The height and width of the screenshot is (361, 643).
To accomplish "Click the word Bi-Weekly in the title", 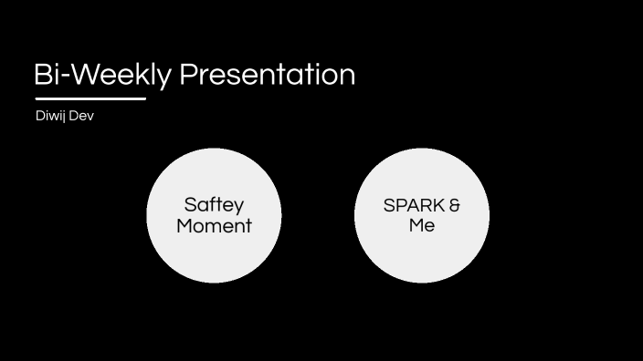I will tap(101, 75).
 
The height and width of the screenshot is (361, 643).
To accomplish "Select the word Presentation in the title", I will tap(267, 75).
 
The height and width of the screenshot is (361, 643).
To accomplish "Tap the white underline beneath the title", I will tap(90, 98).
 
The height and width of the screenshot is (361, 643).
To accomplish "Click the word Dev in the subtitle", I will tap(81, 117).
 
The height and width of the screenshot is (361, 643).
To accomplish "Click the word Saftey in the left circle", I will tap(214, 205).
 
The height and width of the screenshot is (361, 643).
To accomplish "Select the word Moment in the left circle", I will tap(214, 226).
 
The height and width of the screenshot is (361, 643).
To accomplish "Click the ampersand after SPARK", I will tap(455, 205).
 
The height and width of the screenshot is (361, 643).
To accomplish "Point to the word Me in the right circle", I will tap(422, 225).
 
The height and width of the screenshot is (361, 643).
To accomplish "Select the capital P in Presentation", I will tap(187, 75).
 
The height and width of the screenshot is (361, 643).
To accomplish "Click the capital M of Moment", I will tap(185, 226).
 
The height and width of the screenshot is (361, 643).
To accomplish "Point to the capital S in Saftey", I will tap(190, 205).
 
